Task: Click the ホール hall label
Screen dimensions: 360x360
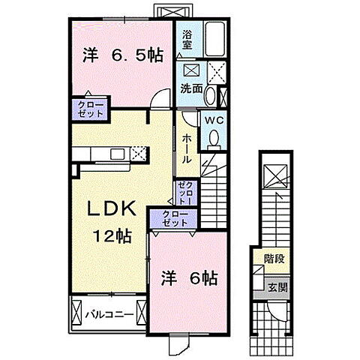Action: (187, 148)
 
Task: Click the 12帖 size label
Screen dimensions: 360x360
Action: (112, 236)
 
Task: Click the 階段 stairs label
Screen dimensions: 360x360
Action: (273, 259)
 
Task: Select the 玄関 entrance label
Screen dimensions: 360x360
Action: (277, 287)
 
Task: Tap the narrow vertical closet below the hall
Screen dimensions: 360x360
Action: (184, 194)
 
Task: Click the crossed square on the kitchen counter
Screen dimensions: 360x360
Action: (137, 154)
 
